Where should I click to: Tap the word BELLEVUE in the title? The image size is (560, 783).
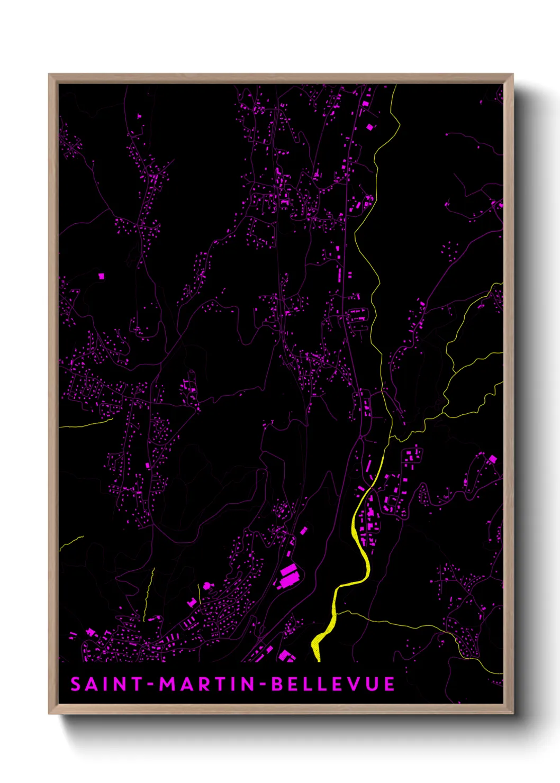point(333,684)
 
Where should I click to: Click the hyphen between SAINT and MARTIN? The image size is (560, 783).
point(151,685)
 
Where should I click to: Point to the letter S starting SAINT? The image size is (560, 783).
point(76,684)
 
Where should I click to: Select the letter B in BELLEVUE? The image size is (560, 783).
point(277,684)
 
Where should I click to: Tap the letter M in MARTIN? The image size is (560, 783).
point(167,684)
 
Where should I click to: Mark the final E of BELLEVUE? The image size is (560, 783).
point(390,684)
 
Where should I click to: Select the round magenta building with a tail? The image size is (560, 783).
point(207,585)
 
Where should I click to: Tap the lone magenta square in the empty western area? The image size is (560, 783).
point(101,276)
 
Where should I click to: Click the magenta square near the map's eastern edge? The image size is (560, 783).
point(493,459)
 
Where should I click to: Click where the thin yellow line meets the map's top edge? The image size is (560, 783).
point(395,86)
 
